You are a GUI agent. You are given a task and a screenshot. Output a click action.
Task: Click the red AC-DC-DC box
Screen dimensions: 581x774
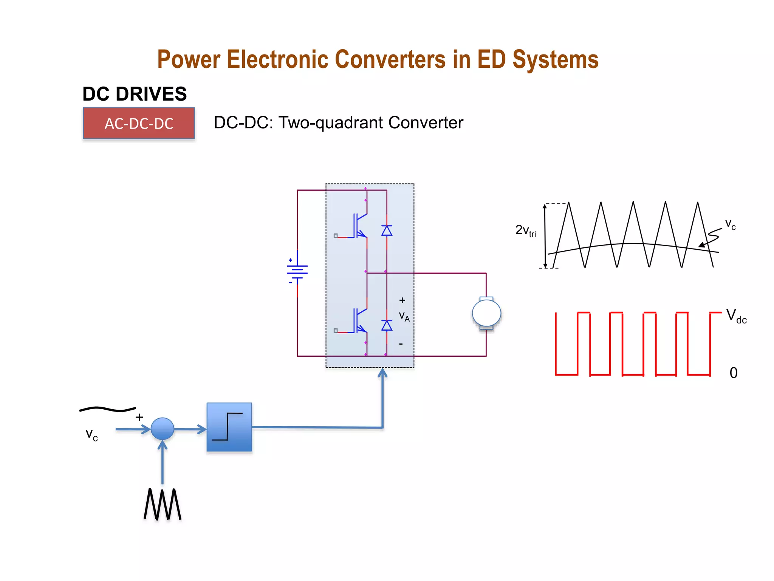(139, 123)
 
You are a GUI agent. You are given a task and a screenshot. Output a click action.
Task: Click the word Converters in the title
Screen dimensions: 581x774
(390, 60)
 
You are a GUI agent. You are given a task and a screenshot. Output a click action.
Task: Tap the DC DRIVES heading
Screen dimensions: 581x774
(135, 94)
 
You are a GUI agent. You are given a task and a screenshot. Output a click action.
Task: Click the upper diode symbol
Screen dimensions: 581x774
(387, 230)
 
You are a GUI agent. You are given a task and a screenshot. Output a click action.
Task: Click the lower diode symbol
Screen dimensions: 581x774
(387, 325)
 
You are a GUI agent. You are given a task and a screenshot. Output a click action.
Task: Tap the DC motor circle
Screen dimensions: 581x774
(486, 313)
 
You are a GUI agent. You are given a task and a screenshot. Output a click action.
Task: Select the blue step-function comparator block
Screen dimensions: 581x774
(229, 427)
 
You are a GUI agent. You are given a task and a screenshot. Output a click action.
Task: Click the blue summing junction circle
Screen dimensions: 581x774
(162, 429)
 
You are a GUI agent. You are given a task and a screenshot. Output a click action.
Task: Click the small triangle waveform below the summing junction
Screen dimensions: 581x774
(163, 504)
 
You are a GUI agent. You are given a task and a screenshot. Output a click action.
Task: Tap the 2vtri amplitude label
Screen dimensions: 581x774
(525, 230)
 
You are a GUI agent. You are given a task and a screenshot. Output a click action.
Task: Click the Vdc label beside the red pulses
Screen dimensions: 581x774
(736, 316)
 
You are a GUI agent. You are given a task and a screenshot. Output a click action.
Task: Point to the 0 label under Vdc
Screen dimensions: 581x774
(733, 373)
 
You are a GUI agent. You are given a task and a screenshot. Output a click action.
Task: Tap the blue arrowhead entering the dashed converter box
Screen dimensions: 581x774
(382, 373)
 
